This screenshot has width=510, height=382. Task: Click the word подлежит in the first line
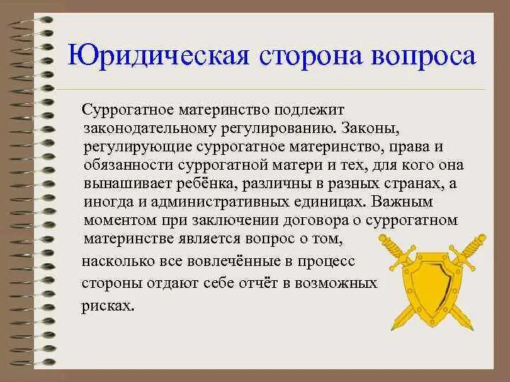pos(312,111)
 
